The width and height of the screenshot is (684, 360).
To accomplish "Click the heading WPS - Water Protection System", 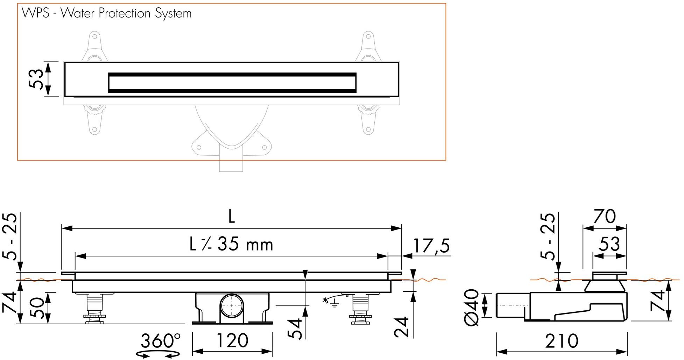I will (x=107, y=13).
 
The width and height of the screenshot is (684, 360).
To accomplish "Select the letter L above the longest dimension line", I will (x=231, y=217).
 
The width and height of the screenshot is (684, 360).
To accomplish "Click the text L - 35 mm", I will (x=231, y=244).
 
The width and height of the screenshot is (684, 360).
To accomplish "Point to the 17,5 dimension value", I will (x=431, y=246).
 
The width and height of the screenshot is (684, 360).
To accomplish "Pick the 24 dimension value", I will (x=401, y=327).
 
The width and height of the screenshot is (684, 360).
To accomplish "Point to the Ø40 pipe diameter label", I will (x=473, y=307).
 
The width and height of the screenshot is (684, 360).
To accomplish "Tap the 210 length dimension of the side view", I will (x=562, y=341).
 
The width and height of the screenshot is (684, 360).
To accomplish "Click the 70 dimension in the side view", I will (x=604, y=217).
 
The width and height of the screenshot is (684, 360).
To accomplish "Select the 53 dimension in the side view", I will (x=609, y=244).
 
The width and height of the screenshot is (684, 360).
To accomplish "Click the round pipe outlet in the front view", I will (x=232, y=305).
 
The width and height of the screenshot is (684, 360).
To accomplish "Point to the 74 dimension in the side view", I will (x=657, y=301).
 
